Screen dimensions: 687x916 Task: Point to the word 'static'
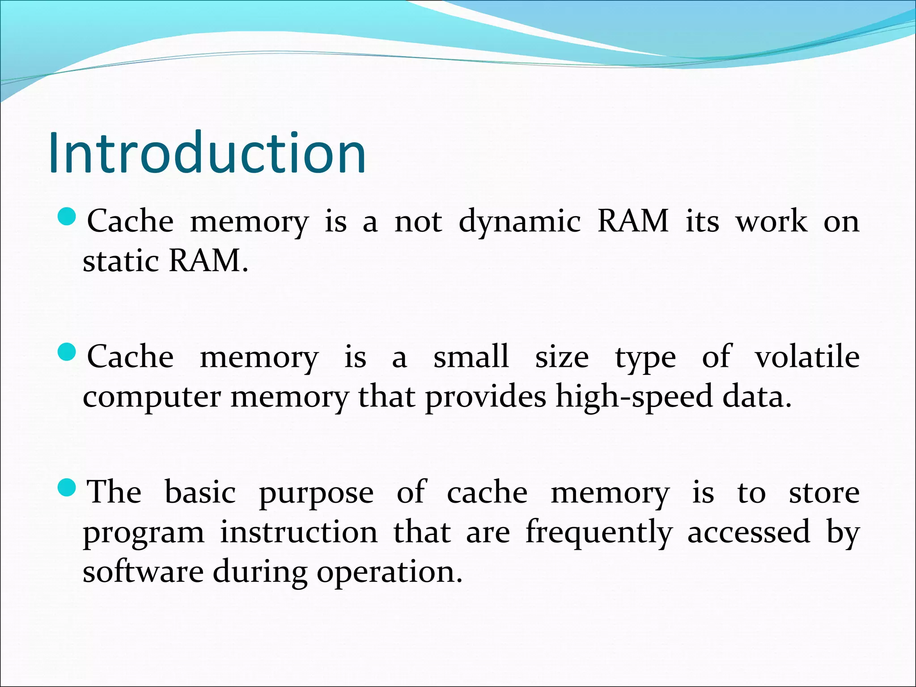[x=121, y=261]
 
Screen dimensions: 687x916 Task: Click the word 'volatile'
[x=807, y=357]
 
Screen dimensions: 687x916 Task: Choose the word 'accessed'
[x=749, y=532]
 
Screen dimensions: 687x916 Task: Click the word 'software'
[x=143, y=572]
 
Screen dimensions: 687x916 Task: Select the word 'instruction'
[x=299, y=532]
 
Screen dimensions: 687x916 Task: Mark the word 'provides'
[x=485, y=397]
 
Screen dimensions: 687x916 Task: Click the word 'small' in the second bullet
[x=471, y=357]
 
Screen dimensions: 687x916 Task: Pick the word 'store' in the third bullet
[x=824, y=493]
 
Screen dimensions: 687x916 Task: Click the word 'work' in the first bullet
[x=772, y=221]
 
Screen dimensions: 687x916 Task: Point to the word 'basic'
[x=200, y=492]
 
